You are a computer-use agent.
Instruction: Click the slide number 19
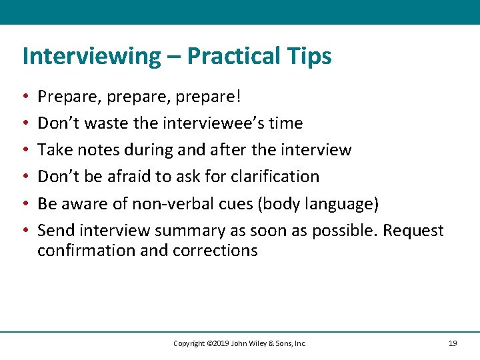[x=453, y=343]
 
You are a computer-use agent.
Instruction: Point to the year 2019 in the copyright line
[x=218, y=343]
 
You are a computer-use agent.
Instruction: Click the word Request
[x=411, y=231]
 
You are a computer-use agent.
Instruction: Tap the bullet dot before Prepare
[x=25, y=97]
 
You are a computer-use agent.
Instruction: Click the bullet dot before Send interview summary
[x=25, y=231]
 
